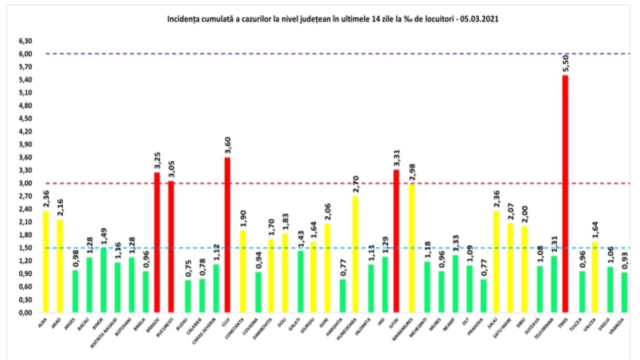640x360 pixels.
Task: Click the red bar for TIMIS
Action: click(565, 194)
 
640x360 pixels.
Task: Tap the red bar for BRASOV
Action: click(157, 242)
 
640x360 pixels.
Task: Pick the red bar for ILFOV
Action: click(396, 241)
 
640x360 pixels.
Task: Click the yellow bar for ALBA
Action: click(46, 262)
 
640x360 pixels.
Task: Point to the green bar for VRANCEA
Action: click(624, 292)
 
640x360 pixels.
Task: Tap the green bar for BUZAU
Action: click(188, 296)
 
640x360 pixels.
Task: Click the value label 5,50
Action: click(566, 63)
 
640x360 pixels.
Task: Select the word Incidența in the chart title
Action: click(183, 19)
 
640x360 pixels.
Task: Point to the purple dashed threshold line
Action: click(320, 54)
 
